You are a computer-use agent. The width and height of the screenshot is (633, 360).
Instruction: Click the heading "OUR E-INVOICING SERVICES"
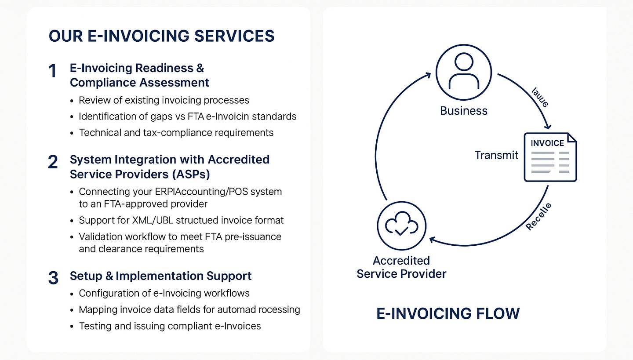coord(161,36)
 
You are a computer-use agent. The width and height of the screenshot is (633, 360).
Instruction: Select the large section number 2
coord(53,163)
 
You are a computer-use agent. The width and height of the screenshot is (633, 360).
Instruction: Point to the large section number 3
coord(53,278)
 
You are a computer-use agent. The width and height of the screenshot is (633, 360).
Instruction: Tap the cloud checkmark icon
coord(401,225)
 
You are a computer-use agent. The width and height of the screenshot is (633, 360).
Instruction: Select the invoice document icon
coord(550,157)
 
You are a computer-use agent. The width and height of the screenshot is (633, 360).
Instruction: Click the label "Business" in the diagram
coord(464,110)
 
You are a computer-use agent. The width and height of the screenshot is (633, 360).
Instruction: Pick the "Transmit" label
coord(496,155)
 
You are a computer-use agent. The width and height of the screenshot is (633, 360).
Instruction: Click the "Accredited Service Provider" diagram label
coord(401,267)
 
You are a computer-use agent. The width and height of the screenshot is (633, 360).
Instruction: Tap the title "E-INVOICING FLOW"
coord(448,313)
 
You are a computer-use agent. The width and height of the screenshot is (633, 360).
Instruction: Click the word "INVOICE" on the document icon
coord(547,143)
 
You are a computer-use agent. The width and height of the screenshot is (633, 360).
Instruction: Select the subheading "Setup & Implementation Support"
coord(160,276)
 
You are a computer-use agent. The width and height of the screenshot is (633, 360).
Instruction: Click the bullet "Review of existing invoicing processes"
coord(164,100)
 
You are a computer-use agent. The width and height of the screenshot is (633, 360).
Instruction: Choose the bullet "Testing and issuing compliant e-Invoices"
coord(170,326)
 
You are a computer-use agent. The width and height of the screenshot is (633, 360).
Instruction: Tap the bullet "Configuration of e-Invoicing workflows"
coord(164,293)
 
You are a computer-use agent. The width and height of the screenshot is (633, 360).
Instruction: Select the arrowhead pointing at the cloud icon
coord(432,240)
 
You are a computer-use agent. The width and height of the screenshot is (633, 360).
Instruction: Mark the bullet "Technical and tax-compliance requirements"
coord(176,133)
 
